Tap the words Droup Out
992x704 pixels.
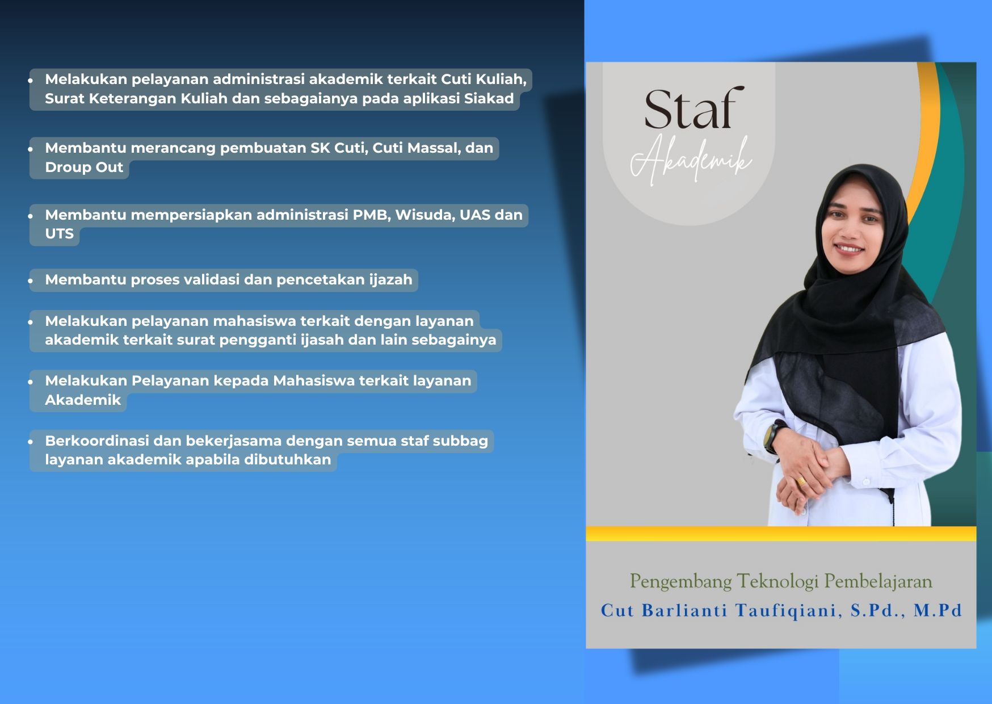click(x=84, y=167)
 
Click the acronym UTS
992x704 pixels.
click(x=60, y=234)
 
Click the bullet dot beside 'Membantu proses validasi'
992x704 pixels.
click(x=31, y=280)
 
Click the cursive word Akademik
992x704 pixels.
click(x=692, y=161)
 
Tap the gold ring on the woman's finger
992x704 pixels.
click(x=802, y=481)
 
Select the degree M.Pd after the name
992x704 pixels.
click(x=938, y=610)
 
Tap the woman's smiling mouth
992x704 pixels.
click(x=849, y=249)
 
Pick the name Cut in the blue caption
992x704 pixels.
click(x=617, y=611)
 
